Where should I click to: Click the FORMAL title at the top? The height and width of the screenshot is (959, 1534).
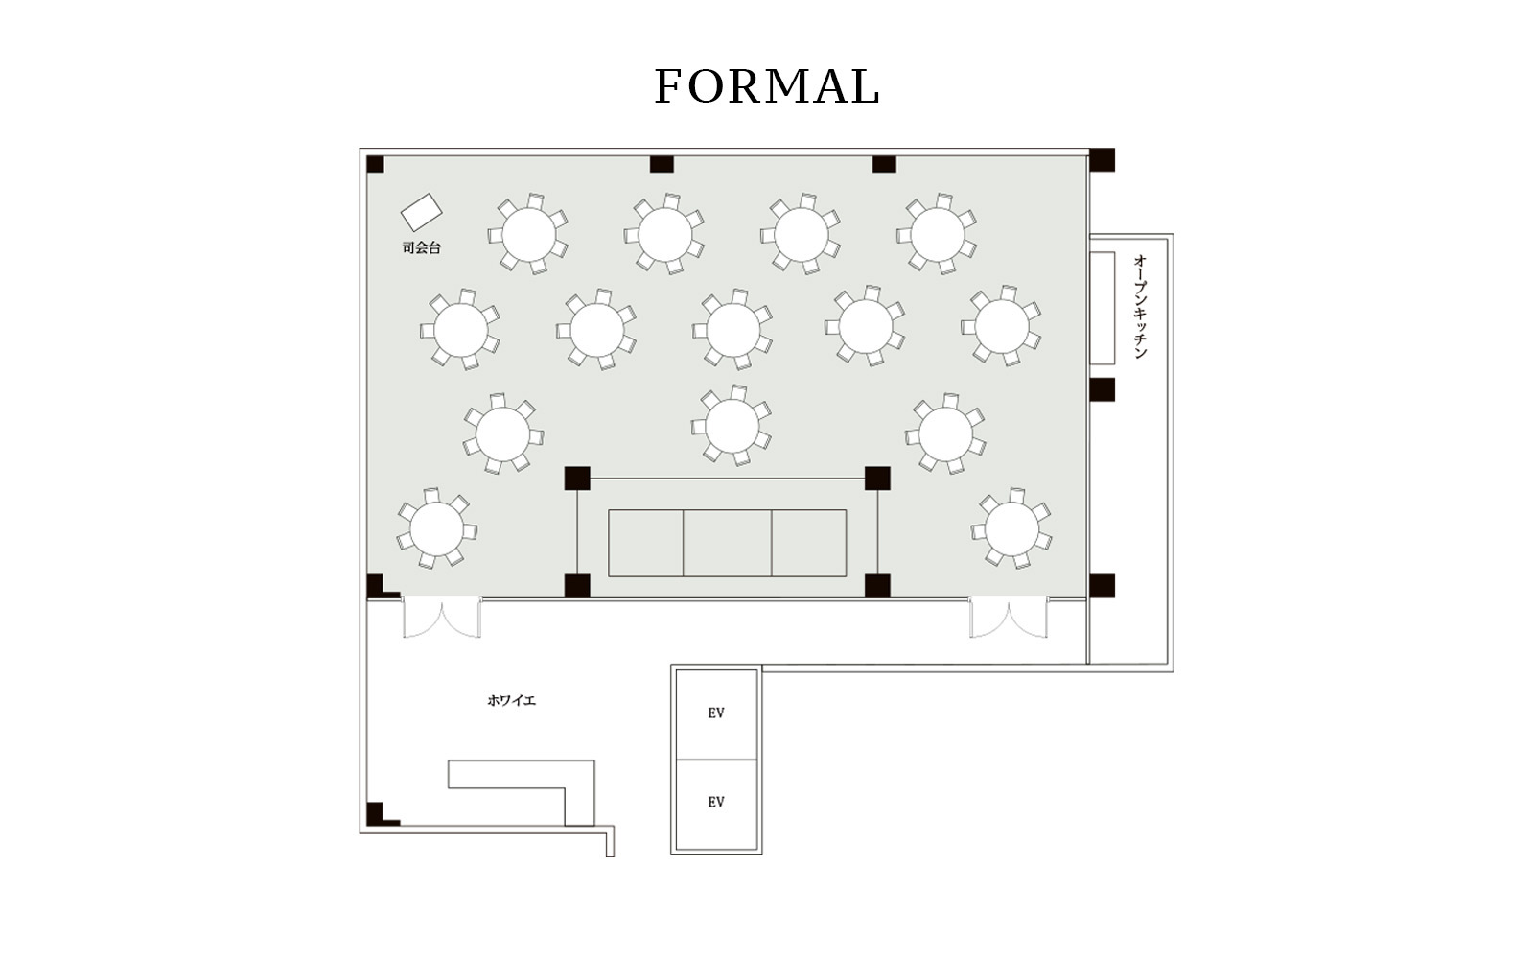tap(767, 86)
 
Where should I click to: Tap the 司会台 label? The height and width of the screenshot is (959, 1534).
tap(421, 248)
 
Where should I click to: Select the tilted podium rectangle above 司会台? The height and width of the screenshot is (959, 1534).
tap(421, 212)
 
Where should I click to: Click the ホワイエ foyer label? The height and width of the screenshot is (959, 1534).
tap(511, 700)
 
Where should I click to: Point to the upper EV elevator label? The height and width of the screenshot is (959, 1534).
tap(716, 713)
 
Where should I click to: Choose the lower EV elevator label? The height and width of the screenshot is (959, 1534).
tap(716, 802)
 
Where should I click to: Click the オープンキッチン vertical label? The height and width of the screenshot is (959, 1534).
tap(1140, 307)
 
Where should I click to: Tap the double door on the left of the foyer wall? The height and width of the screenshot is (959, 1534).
tap(442, 618)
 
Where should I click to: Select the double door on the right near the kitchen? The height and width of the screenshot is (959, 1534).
tap(1008, 618)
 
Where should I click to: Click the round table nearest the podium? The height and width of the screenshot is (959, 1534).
tap(528, 234)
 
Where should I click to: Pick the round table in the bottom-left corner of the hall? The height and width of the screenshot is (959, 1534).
tap(436, 528)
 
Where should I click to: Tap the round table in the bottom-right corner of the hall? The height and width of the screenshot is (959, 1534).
tap(1011, 528)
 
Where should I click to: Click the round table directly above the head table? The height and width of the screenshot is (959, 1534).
tap(732, 426)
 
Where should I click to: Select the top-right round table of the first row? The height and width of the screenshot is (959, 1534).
tap(937, 234)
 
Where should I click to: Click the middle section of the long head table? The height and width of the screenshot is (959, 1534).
tap(728, 543)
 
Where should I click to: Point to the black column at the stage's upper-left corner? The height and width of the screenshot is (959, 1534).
tap(577, 479)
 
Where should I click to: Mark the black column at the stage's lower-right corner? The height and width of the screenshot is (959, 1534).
tap(877, 586)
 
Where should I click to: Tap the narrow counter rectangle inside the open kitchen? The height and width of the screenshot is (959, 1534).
tap(1103, 308)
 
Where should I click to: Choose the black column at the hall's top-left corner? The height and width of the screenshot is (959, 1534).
tap(375, 164)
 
